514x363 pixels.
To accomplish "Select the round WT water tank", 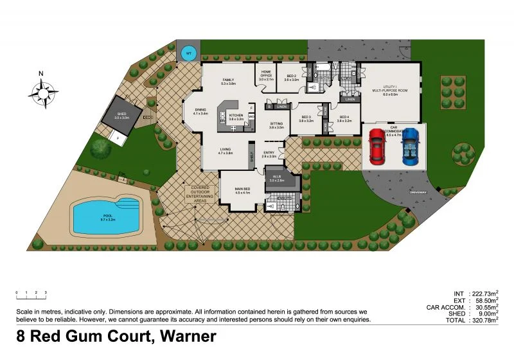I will [188, 54].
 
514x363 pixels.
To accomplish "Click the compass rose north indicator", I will [42, 92].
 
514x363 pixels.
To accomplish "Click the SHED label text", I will [122, 116].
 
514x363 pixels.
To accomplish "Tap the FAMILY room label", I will [228, 82].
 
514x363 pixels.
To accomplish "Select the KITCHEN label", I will [236, 117].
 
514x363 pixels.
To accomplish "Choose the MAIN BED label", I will [242, 191].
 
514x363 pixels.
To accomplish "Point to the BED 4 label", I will [344, 119].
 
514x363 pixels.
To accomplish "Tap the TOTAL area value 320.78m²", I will [481, 319].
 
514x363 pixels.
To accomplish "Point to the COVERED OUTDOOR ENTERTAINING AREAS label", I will [200, 195].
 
